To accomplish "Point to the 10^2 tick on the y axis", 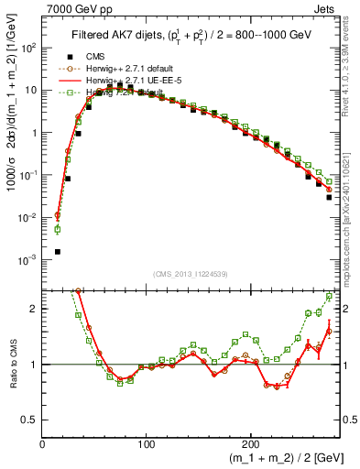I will pos(27,48).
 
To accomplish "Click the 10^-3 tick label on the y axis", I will pos(27,260).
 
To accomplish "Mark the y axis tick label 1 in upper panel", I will pos(34,133).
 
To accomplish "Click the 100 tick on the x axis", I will pos(147,444).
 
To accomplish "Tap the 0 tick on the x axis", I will pos(42,444).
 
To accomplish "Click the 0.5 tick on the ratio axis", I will pos(29,420).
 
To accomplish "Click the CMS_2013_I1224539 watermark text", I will pos(191,273).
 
